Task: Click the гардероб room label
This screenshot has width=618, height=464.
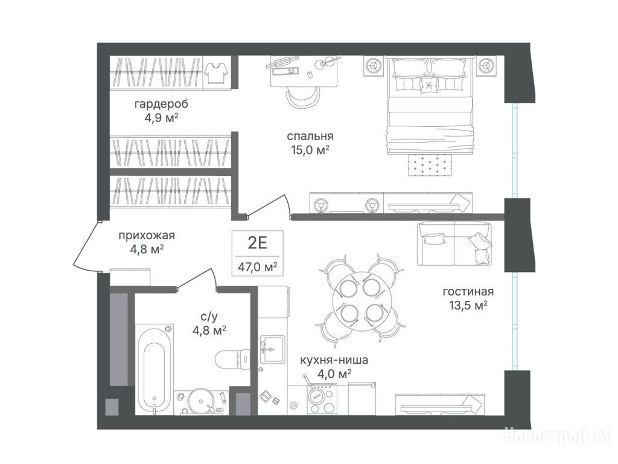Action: point(161,104)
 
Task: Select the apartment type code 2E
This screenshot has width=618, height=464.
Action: point(257,243)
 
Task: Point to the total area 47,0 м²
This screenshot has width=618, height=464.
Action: point(257,267)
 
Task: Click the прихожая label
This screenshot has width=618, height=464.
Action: point(147,236)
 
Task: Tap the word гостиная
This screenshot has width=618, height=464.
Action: point(468,292)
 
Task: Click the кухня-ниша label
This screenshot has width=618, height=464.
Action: point(334,360)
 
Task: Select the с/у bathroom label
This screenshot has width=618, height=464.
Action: point(209,316)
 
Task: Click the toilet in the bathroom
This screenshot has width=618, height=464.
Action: point(233,358)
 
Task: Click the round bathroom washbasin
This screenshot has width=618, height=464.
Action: point(201,402)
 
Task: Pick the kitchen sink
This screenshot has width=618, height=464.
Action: point(273,349)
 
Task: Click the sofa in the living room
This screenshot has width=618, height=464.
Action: point(455,243)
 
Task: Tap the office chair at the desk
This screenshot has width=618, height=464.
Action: point(302,97)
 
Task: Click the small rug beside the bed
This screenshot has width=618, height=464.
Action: point(430,164)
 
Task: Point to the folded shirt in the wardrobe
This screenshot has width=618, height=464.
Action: point(216,73)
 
